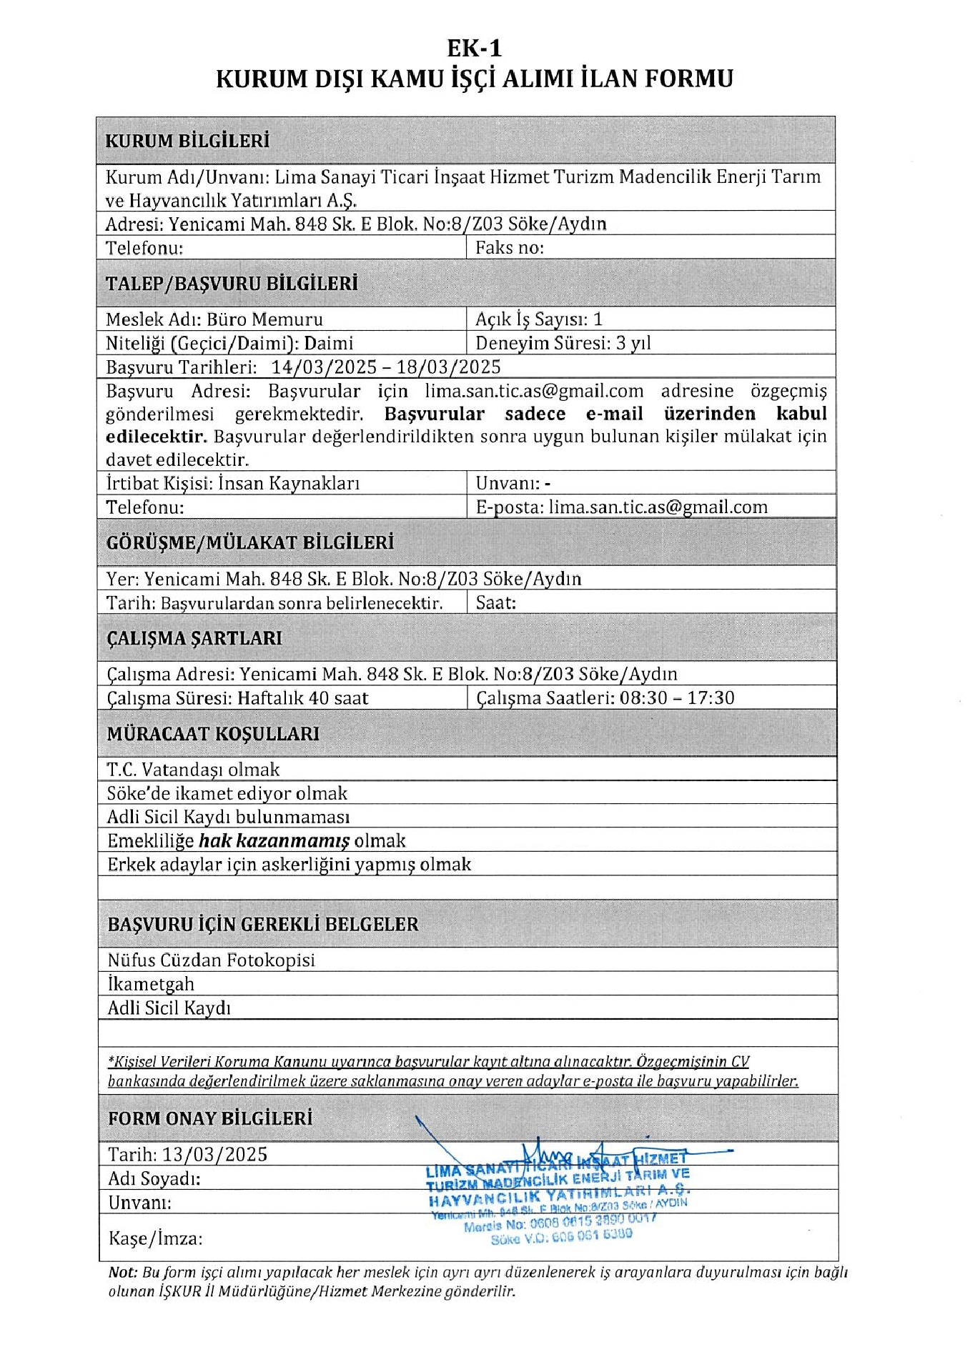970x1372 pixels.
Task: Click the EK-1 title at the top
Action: tap(474, 48)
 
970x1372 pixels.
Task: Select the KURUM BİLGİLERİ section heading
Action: tap(187, 141)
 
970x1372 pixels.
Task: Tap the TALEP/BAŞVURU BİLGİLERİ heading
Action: tap(232, 284)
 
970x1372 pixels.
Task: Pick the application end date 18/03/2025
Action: tap(449, 367)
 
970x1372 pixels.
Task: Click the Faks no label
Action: tap(510, 248)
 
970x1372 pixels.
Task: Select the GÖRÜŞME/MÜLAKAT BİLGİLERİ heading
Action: tap(250, 543)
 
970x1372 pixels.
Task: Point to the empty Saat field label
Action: tap(496, 603)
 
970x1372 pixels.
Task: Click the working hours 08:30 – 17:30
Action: tap(677, 698)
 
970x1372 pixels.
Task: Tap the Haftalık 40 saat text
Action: tap(302, 698)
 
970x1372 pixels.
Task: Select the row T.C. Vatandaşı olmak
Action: tap(193, 770)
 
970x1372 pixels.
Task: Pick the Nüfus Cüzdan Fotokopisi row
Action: tap(211, 960)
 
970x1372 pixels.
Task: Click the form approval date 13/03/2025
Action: tap(214, 1155)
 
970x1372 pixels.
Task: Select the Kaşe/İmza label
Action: tap(155, 1238)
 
